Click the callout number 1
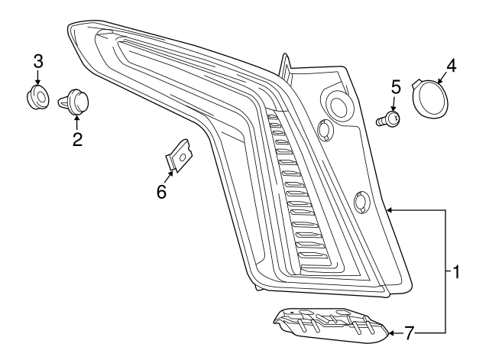(x=455, y=271)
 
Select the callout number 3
(x=37, y=61)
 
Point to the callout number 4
(x=451, y=66)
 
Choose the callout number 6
(x=161, y=191)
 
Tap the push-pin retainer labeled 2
(x=76, y=100)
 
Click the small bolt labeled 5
(x=390, y=118)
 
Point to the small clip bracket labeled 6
(x=180, y=157)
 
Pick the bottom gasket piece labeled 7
(x=329, y=323)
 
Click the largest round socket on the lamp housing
(x=336, y=105)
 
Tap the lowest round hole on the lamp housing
(x=361, y=202)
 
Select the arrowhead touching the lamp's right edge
(x=390, y=209)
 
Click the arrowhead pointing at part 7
(x=393, y=333)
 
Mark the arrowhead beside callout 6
(x=169, y=175)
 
